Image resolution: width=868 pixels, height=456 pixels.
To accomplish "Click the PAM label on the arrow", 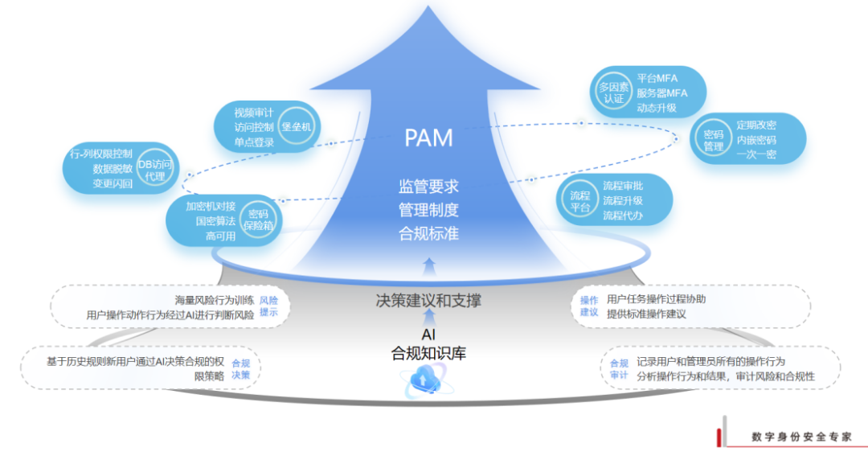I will click(x=428, y=138).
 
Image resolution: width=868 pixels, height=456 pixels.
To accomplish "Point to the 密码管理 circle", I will click(x=713, y=140).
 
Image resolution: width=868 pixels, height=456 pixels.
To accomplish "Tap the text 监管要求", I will click(x=428, y=186).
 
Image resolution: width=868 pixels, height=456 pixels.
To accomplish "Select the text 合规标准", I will click(x=428, y=234).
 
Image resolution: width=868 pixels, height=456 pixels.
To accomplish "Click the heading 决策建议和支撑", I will click(x=428, y=301).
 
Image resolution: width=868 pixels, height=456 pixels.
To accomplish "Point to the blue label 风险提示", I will click(x=268, y=306).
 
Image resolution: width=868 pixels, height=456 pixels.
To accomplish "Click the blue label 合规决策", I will click(x=240, y=369).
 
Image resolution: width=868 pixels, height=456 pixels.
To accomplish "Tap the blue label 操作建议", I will click(x=589, y=306).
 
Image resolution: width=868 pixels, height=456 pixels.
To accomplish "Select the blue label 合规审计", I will click(x=619, y=369).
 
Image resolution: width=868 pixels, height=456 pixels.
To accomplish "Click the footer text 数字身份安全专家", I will click(x=800, y=437).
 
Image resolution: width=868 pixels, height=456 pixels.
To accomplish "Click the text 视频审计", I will click(x=254, y=112).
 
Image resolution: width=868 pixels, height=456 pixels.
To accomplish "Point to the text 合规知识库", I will click(x=428, y=352).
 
